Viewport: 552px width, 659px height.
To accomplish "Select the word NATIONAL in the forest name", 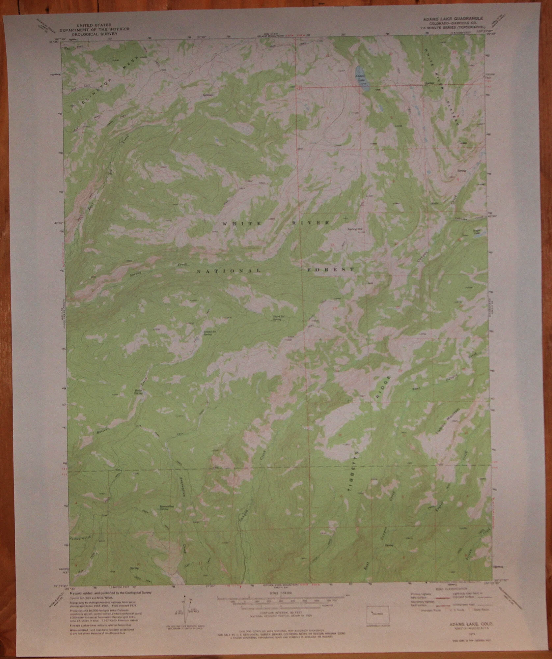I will pyautogui.click(x=229, y=271).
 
